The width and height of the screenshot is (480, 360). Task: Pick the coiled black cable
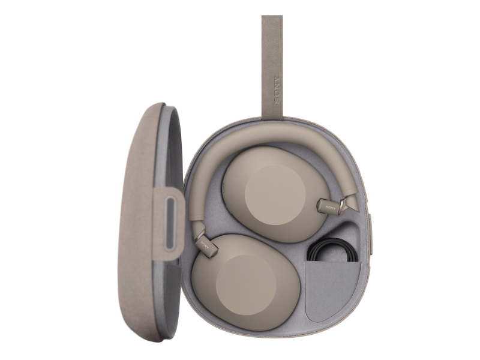click(x=332, y=251)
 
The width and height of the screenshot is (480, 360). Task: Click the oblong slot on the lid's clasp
click(x=170, y=224)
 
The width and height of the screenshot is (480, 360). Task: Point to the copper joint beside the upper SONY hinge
click(x=343, y=204)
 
